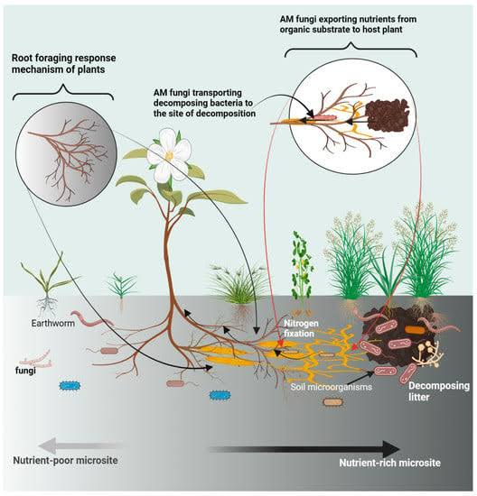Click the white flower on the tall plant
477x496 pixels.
[x=169, y=154]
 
